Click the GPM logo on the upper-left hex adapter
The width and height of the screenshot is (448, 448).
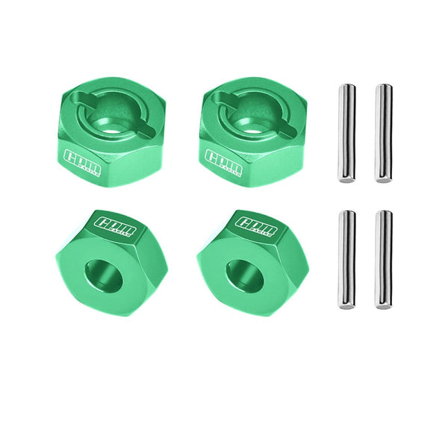coord(81,160)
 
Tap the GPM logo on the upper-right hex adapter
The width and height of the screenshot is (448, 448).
coord(223,160)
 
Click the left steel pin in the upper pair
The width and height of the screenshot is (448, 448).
coord(346,133)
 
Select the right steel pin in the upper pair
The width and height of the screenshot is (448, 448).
coord(383,133)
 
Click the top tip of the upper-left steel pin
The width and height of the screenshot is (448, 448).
coord(346,86)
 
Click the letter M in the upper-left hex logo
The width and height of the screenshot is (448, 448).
coord(93,162)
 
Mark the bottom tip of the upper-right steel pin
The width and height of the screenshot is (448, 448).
coord(383,181)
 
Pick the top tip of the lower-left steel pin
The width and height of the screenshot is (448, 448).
coord(346,213)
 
